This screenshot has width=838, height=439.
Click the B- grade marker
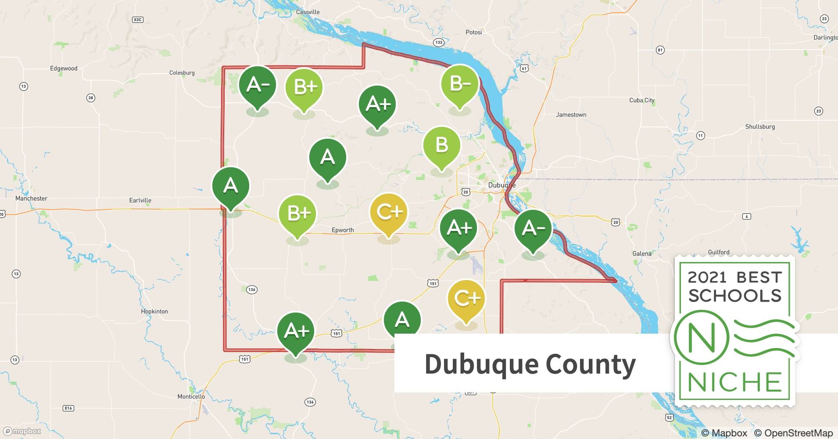[x=460, y=84]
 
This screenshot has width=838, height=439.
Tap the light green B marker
[x=441, y=145]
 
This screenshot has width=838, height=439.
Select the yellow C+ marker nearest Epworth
[x=389, y=212]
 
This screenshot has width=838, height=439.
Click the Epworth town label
[x=343, y=230]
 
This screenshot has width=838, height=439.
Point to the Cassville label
[x=308, y=12]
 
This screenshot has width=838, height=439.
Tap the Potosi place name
[x=473, y=32]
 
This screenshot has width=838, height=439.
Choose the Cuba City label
[x=641, y=100]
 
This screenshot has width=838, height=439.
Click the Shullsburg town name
[x=760, y=126]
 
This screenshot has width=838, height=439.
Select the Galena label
[x=642, y=253]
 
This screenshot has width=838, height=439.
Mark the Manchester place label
[x=31, y=198]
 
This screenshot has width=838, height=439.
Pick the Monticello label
[x=191, y=396]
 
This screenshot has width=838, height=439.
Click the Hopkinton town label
[x=154, y=311]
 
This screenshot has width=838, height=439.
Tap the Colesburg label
[x=182, y=72]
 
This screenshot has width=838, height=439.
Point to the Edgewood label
[x=64, y=68]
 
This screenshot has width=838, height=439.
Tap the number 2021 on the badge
[x=707, y=277]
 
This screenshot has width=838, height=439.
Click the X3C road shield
[x=138, y=20]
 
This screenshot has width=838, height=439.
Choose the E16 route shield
[x=68, y=408]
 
